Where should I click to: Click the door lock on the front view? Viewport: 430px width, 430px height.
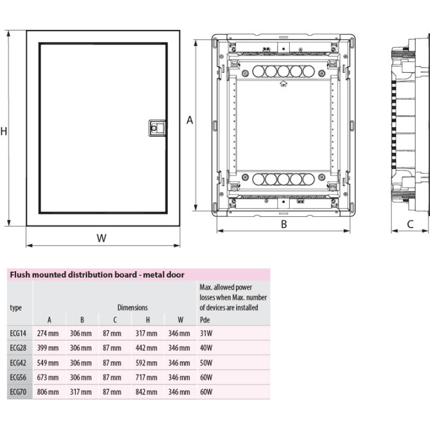pyautogui.click(x=157, y=128)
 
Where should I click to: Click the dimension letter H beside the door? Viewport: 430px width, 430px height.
pyautogui.click(x=4, y=131)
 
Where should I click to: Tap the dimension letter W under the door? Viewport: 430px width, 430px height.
pyautogui.click(x=102, y=238)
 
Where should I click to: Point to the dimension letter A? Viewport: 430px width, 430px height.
pyautogui.click(x=190, y=120)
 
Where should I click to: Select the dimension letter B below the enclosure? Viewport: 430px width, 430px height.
pyautogui.click(x=284, y=225)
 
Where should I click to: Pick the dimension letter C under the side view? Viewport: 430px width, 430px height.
pyautogui.click(x=410, y=225)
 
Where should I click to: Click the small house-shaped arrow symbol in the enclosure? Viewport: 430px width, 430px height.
pyautogui.click(x=284, y=84)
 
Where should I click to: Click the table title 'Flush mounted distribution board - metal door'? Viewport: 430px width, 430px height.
pyautogui.click(x=97, y=275)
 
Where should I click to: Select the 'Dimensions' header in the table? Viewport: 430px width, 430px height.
pyautogui.click(x=133, y=308)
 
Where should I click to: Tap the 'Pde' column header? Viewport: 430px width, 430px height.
pyautogui.click(x=205, y=320)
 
